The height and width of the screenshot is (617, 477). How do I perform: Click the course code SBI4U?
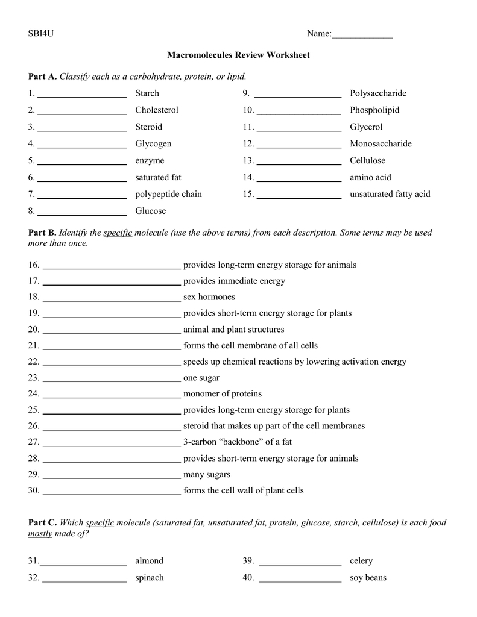point(40,34)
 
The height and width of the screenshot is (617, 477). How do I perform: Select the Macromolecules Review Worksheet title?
point(238,55)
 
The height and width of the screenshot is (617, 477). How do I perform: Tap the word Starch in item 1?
point(147,93)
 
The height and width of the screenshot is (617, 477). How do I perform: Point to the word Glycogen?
point(153,144)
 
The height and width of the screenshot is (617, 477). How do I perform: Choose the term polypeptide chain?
point(168,194)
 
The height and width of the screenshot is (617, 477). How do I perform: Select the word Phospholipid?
point(374,110)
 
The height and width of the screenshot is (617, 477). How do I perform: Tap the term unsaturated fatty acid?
point(390,194)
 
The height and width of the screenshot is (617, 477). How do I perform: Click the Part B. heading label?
point(42,233)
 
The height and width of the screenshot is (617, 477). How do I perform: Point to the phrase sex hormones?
point(209,297)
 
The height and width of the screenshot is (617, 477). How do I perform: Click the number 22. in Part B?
point(34,362)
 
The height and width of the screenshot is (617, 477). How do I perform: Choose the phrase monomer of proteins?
point(222,394)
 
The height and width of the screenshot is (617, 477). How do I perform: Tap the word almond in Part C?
point(149,561)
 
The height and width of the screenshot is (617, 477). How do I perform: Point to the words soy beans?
point(368,578)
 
